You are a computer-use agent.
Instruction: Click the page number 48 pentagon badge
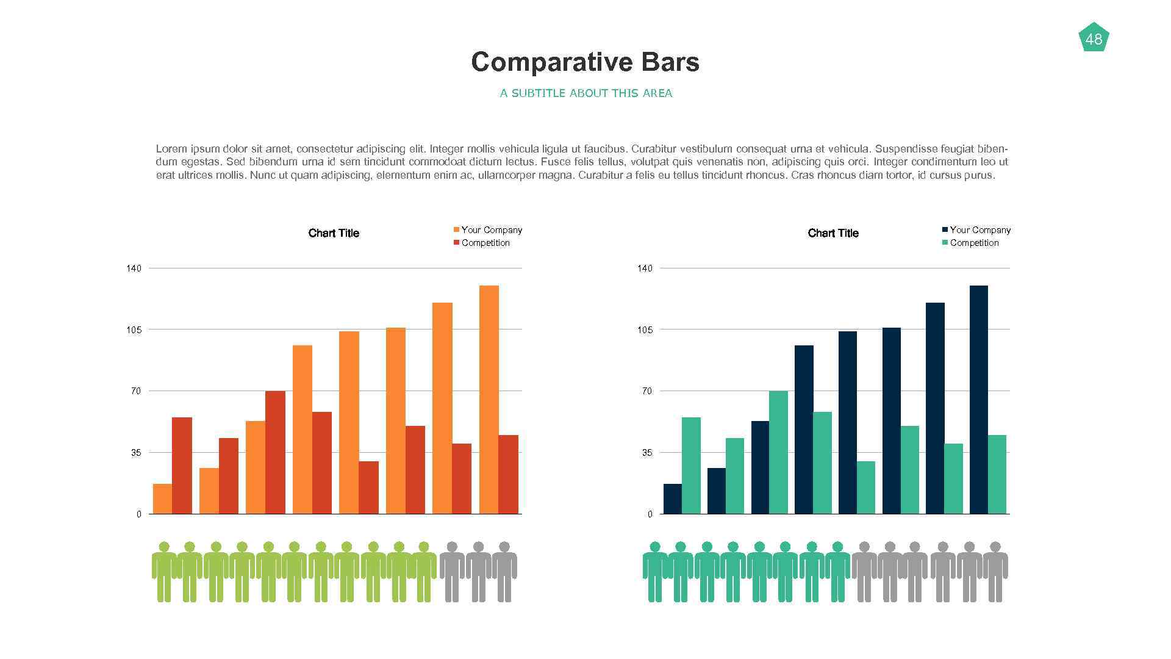pos(1094,38)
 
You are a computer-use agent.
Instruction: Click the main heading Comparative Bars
pos(585,62)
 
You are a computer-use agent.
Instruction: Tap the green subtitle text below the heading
pos(585,93)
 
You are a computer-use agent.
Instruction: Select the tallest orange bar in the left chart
pos(489,400)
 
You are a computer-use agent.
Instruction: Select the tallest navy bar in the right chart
pos(978,400)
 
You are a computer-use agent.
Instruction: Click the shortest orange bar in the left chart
pos(162,499)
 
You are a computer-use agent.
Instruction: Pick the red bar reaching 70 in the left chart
pos(275,452)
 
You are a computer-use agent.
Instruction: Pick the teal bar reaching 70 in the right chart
pos(778,452)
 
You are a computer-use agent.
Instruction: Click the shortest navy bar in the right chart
pos(672,499)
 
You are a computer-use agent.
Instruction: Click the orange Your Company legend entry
pos(487,230)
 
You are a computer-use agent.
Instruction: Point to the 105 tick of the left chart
pos(134,330)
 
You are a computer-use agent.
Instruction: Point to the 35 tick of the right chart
pos(646,453)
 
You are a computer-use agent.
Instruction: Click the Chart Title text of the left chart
pos(334,233)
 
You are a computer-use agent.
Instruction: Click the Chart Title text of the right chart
pos(833,233)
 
